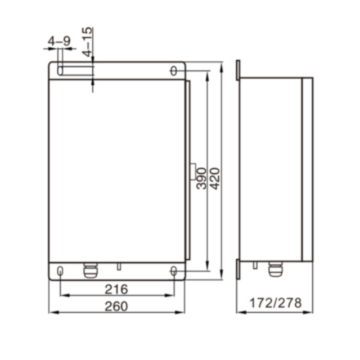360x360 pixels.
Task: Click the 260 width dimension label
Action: click(116, 307)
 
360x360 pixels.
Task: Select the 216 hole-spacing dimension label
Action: click(116, 289)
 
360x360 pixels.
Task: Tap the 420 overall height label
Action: click(215, 179)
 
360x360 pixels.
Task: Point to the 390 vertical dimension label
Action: click(201, 179)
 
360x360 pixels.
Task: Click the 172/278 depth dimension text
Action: click(276, 303)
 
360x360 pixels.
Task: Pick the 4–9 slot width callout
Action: click(59, 41)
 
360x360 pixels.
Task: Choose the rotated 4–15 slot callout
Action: click(88, 42)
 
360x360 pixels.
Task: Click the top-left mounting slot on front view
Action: click(60, 71)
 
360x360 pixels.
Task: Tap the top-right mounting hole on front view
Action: click(174, 71)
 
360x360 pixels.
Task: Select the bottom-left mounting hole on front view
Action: click(60, 271)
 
